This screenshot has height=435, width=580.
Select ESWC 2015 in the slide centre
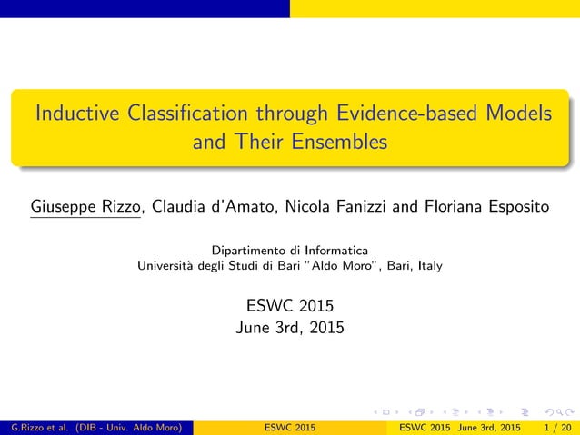(289, 305)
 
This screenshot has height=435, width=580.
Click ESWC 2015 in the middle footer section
(289, 427)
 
